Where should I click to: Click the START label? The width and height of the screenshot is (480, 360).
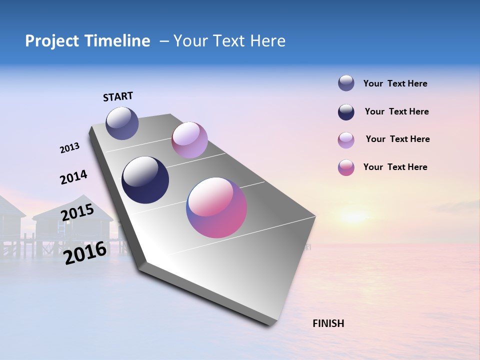[118, 96]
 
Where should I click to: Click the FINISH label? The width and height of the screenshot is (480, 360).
[328, 323]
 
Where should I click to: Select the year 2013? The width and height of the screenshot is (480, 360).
[69, 148]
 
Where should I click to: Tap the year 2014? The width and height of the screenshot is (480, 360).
[73, 177]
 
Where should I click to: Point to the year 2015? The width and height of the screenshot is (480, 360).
[77, 213]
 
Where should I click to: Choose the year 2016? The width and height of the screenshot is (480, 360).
[85, 253]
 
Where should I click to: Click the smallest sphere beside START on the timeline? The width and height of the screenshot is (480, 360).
[122, 123]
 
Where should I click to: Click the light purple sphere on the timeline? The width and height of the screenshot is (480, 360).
[189, 140]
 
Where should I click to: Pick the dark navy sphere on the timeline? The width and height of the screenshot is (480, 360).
[145, 180]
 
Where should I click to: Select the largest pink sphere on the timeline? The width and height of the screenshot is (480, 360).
[216, 207]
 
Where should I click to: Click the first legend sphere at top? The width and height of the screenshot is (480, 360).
[346, 83]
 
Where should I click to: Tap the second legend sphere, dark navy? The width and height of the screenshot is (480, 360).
[346, 112]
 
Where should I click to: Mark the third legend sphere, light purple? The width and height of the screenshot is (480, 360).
[346, 140]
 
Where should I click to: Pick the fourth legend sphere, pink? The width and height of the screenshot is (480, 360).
[346, 167]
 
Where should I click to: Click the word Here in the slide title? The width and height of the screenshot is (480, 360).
[267, 41]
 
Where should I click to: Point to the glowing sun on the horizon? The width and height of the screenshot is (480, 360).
[353, 216]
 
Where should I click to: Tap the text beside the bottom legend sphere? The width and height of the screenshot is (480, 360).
[395, 167]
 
